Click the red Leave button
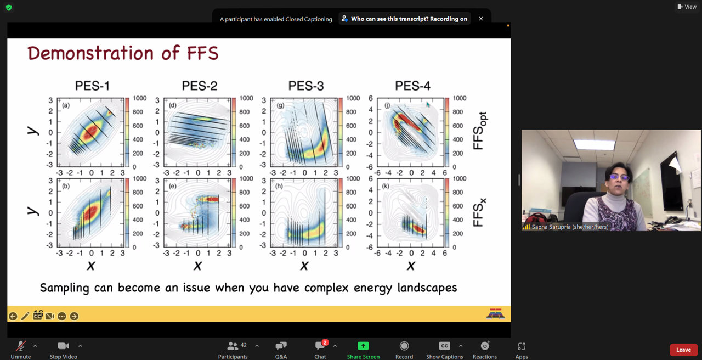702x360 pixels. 683,350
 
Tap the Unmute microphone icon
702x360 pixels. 21,346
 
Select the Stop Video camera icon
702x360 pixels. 63,346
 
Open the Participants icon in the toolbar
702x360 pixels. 232,346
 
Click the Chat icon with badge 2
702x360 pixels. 320,346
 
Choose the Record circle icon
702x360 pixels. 404,346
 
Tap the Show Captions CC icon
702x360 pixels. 444,346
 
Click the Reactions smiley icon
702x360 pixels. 485,346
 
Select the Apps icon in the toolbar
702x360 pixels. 522,346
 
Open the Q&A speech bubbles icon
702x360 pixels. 281,346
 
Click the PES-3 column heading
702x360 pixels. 306,86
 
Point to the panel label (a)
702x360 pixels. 66,105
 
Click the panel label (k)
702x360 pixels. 386,186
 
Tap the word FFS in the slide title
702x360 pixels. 202,53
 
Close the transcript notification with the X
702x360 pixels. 481,19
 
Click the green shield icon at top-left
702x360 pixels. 9,8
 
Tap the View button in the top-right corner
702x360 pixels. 687,7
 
